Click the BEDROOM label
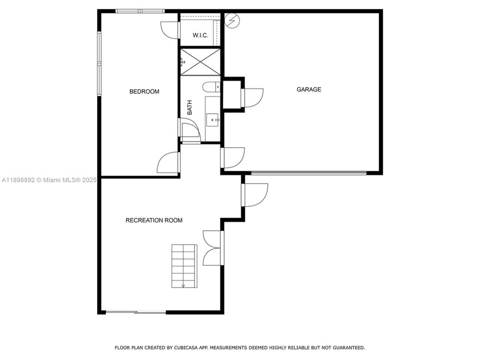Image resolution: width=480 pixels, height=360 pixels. click(144, 91)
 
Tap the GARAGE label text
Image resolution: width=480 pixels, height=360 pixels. click(309, 89)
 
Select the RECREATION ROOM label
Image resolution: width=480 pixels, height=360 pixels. click(154, 220)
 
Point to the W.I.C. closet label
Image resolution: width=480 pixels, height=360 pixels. click(200, 35)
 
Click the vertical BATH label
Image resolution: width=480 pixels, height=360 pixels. click(190, 107)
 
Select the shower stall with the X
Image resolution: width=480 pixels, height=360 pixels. click(200, 62)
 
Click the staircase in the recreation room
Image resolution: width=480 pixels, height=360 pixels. click(183, 266)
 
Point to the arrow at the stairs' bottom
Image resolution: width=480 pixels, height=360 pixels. click(183, 285)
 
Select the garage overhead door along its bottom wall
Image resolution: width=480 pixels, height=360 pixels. click(309, 173)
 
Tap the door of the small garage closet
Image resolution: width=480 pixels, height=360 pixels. click(253, 98)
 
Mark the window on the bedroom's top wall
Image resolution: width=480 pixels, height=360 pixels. click(140, 11)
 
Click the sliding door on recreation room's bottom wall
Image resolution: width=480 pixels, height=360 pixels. click(136, 312)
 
